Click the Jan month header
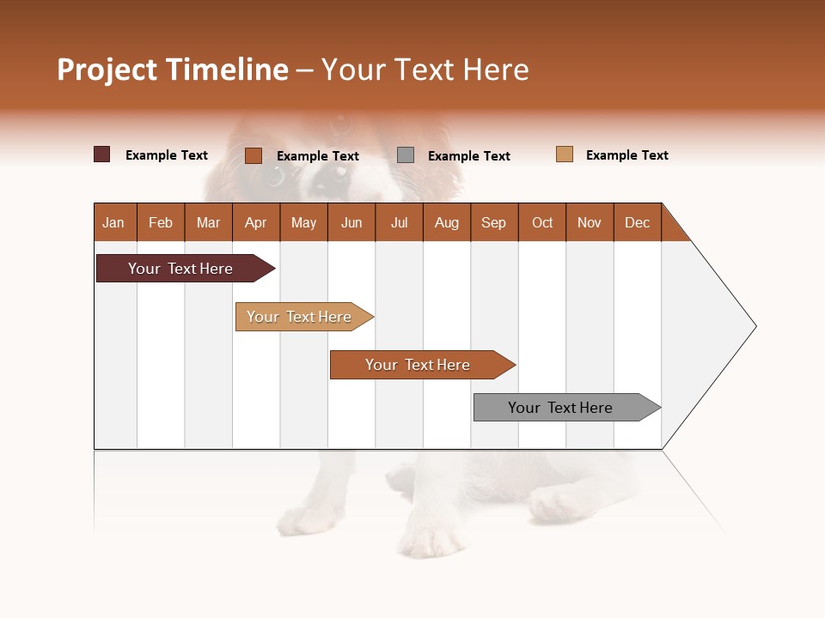(114, 222)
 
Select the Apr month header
(256, 222)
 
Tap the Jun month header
(351, 222)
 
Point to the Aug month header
(447, 222)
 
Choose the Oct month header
(542, 222)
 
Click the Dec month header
(638, 222)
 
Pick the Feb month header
(161, 222)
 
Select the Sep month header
(494, 222)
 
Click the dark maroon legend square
(102, 154)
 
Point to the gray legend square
(406, 154)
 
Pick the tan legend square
(565, 154)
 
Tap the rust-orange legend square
(254, 155)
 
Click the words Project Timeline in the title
(173, 70)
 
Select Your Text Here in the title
(425, 70)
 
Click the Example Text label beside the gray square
(468, 156)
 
